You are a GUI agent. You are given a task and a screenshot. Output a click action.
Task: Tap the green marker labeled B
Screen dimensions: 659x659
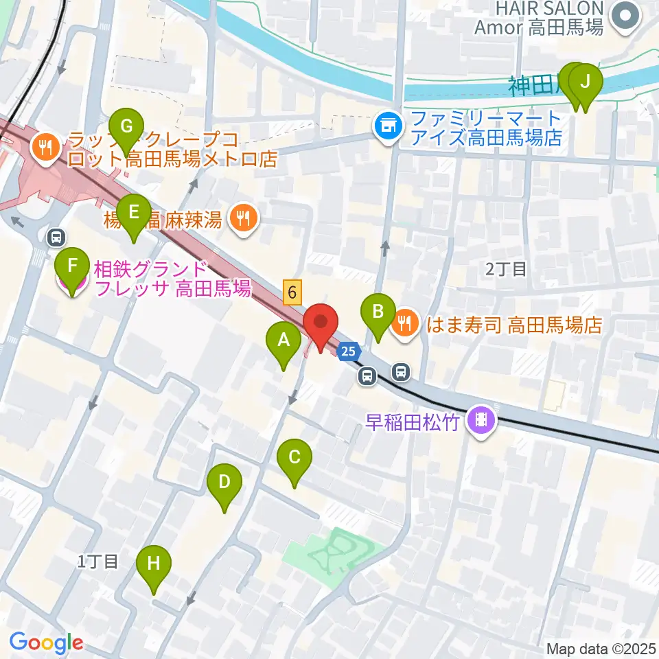tap(378, 312)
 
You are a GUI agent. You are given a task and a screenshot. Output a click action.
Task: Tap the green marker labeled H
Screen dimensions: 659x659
tap(153, 566)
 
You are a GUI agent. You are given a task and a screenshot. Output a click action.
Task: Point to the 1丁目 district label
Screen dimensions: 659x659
tap(97, 562)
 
